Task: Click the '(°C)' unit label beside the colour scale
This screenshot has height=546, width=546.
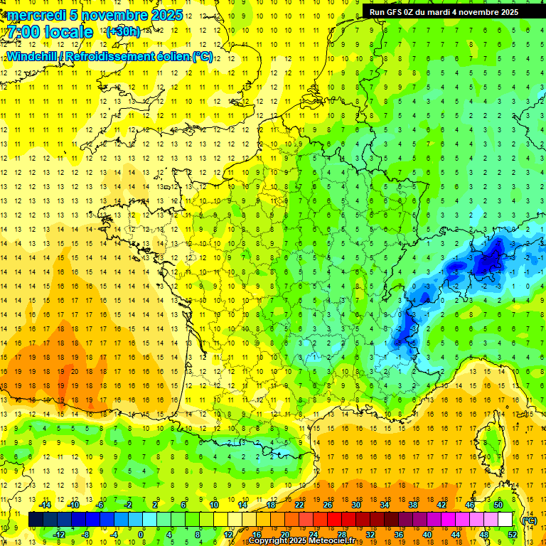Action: [x=529, y=520]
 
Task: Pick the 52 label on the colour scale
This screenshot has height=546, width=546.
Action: [x=512, y=535]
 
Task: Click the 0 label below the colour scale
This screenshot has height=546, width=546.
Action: [x=141, y=535]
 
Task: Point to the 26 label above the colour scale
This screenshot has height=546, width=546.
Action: [x=328, y=505]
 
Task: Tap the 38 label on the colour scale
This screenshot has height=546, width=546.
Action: [x=413, y=505]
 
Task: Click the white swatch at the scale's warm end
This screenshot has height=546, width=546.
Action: [x=505, y=520]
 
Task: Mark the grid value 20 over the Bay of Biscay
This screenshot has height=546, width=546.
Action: [x=74, y=371]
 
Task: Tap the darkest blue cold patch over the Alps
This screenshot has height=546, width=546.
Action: [x=488, y=264]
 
